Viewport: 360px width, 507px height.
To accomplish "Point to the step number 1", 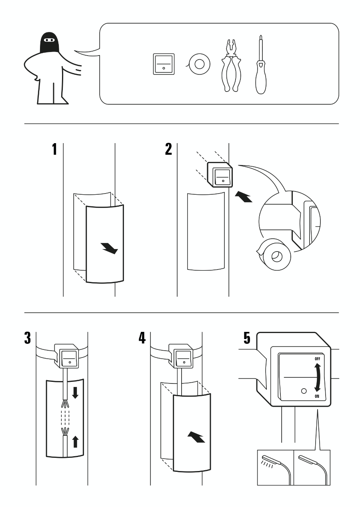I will pos(54,149).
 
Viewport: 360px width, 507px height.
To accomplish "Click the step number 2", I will pos(168,149).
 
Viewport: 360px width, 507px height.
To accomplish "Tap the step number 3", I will pos(27,338).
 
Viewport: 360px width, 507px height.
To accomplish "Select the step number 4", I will pos(142,338).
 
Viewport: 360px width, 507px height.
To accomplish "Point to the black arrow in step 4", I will pos(196,437).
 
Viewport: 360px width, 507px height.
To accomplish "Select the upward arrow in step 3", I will pos(75,441).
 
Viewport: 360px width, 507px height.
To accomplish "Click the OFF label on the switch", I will pos(317,359).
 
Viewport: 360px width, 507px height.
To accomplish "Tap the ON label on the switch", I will pos(317,396).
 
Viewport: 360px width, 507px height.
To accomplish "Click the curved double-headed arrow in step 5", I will pos(318,377).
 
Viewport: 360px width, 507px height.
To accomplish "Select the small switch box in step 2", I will pos(219,174).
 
